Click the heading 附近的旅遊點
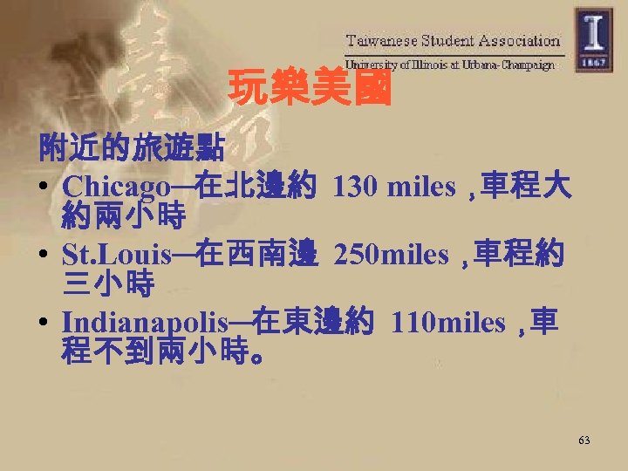[130, 148]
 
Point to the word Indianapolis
[146, 324]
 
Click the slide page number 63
[584, 440]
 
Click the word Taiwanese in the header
[382, 40]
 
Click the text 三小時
[108, 283]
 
